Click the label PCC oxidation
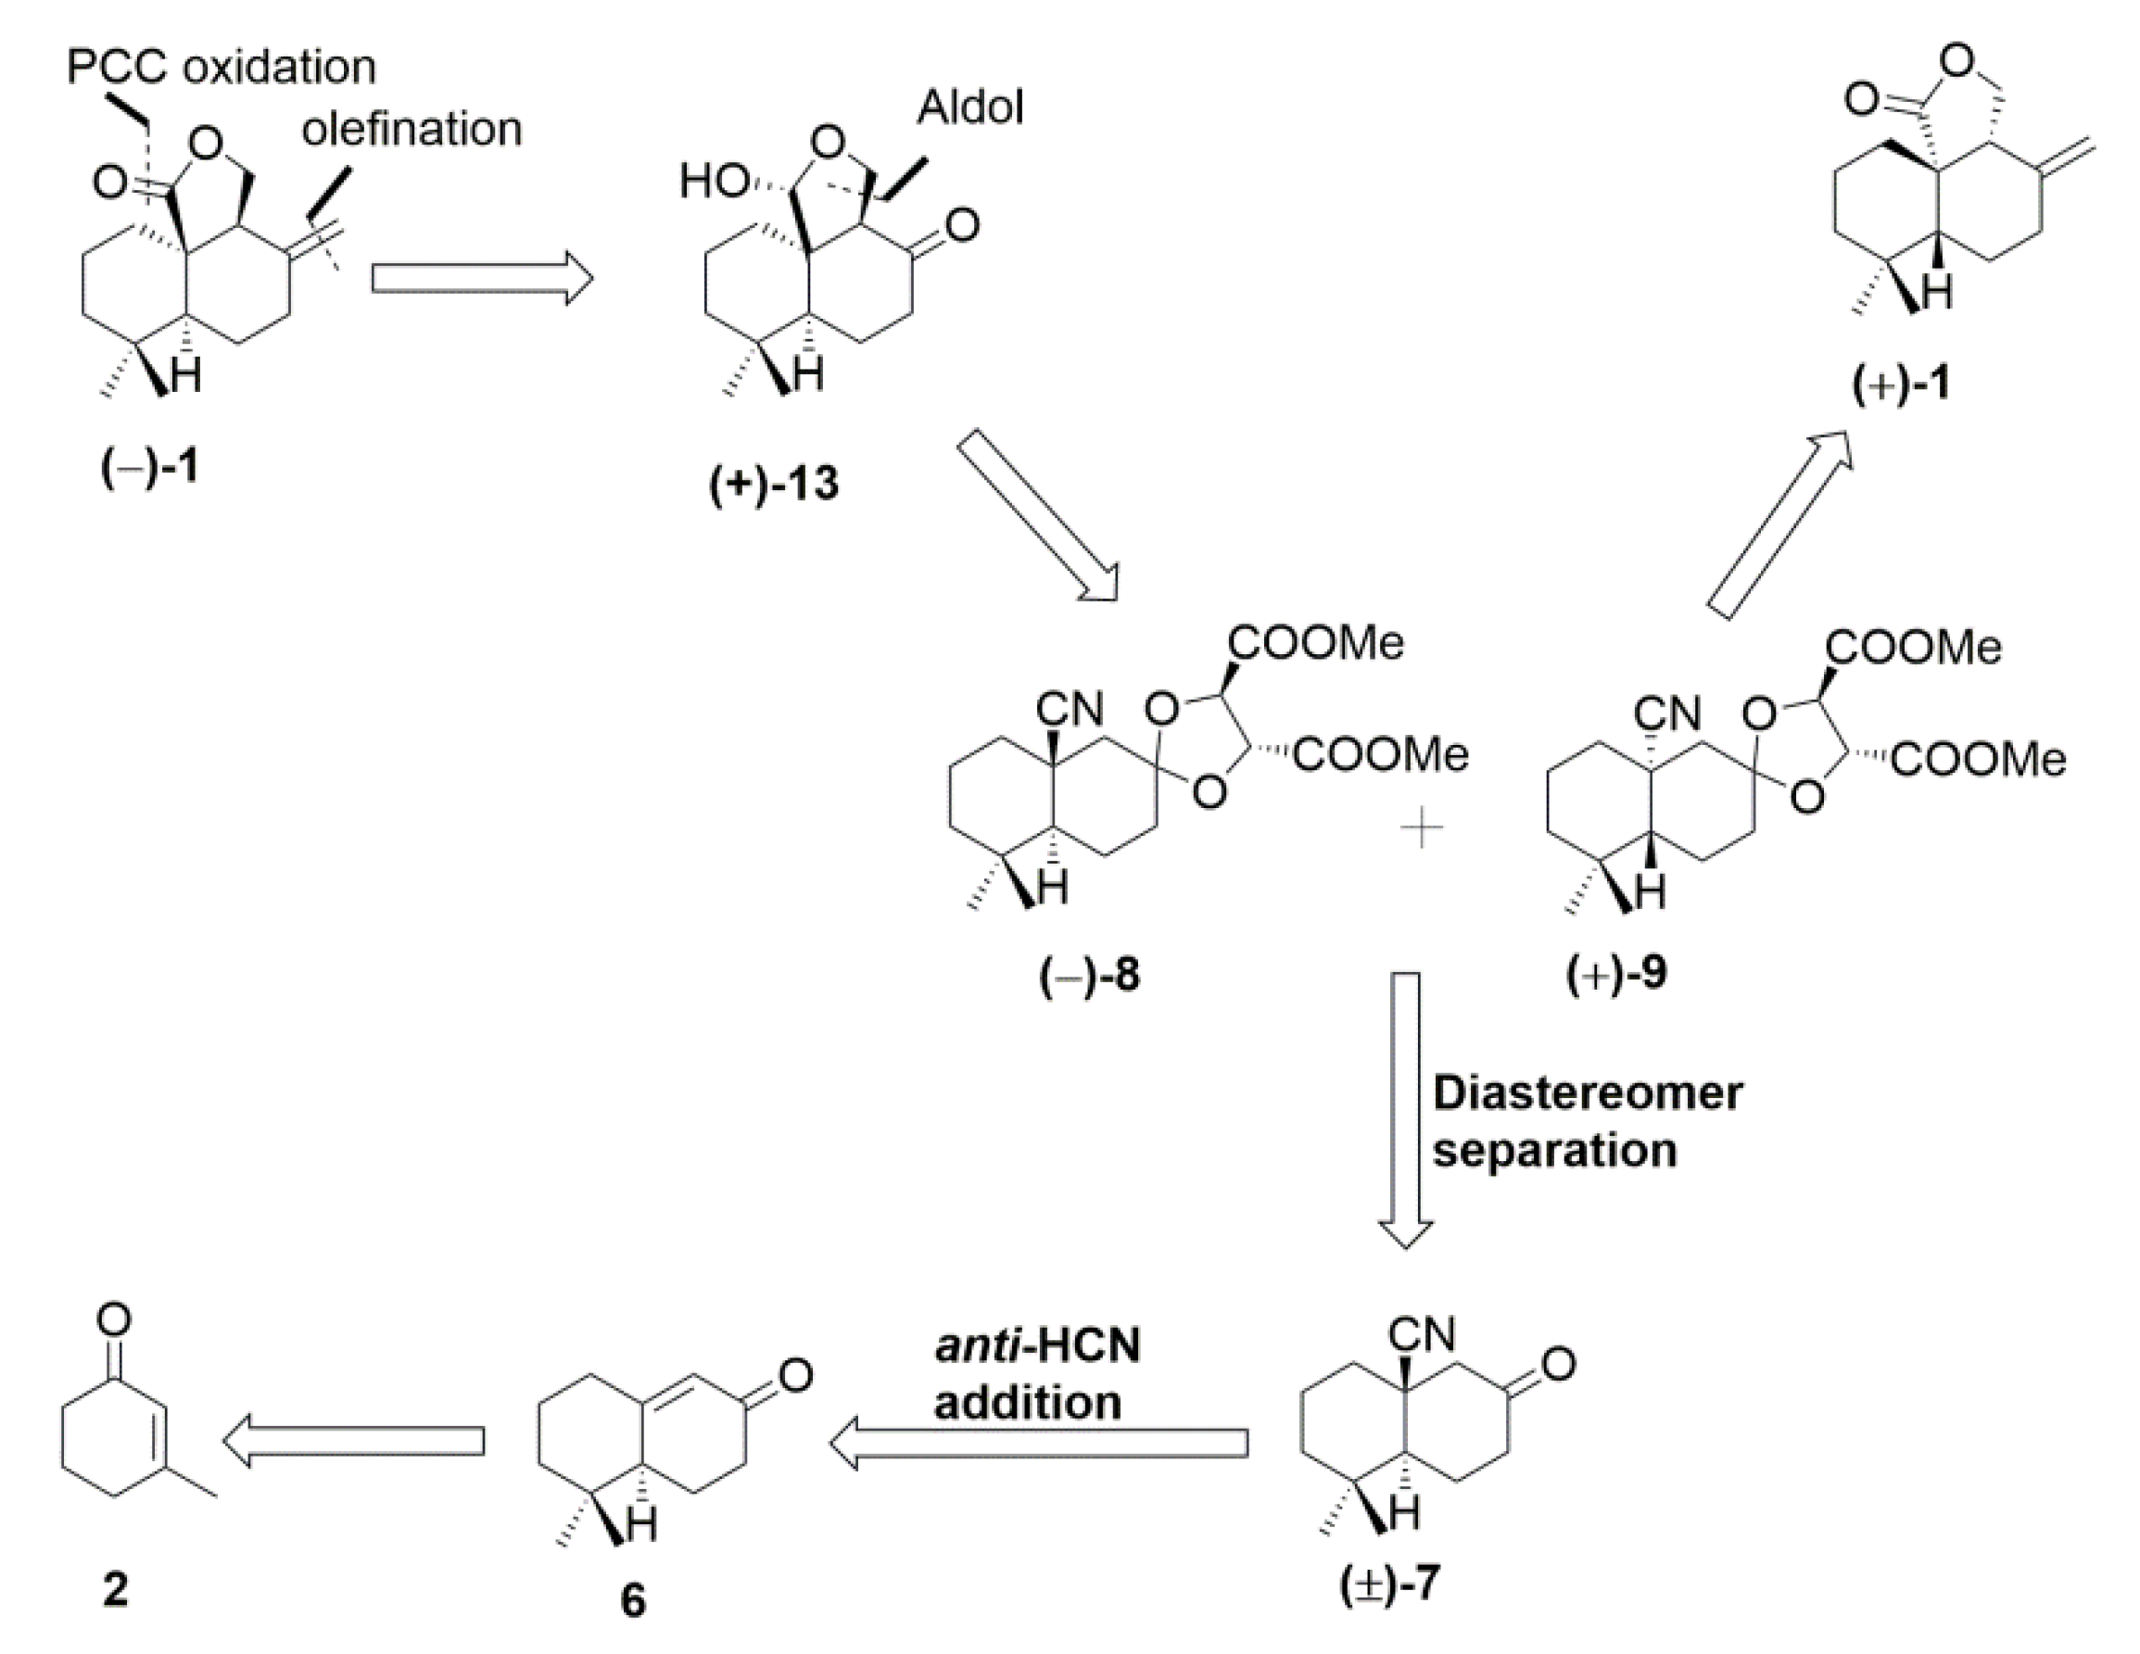tap(222, 68)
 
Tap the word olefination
tap(412, 130)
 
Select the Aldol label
tap(970, 107)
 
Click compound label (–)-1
tap(150, 466)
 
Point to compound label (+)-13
tap(774, 484)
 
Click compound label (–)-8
tap(1090, 976)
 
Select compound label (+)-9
tap(1615, 974)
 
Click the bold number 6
tap(633, 1601)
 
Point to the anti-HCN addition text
tap(1037, 1375)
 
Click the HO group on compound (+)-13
tap(713, 182)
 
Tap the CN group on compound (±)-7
tap(1423, 1333)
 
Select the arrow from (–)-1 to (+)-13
tap(482, 278)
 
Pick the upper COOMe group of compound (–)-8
tap(1316, 643)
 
